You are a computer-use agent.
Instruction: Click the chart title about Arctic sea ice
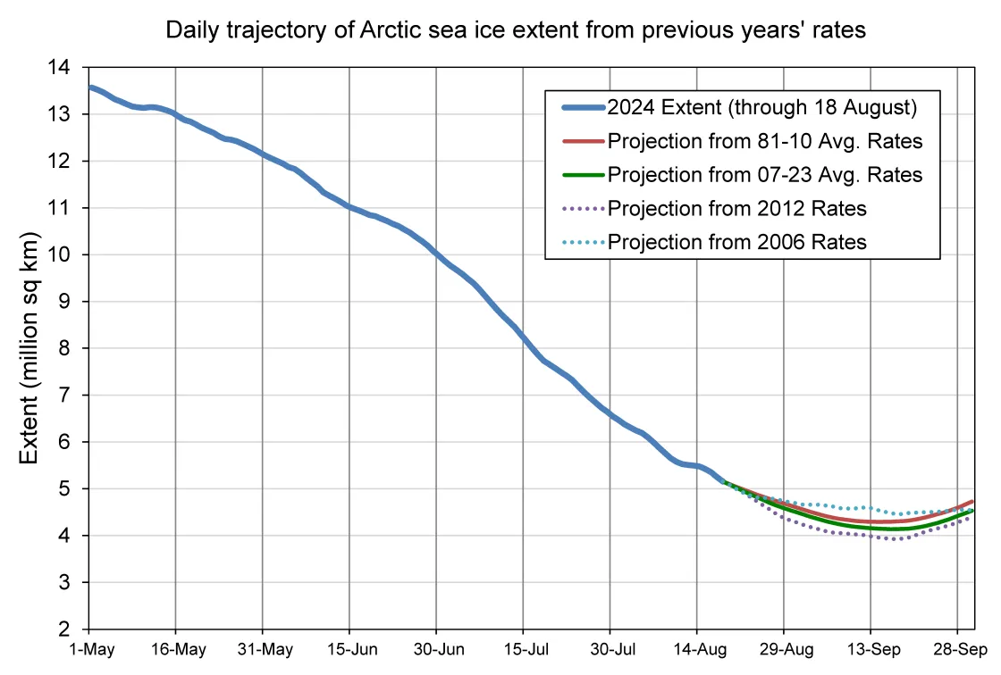(x=517, y=30)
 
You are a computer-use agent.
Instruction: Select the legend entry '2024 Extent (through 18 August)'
(x=761, y=108)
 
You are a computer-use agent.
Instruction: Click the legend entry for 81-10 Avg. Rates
(x=764, y=141)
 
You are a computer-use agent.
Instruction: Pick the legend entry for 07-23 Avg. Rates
(x=764, y=175)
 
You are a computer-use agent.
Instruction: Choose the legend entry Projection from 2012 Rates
(x=736, y=208)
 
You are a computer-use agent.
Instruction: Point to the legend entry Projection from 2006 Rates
(x=736, y=241)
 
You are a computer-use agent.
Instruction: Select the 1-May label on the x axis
(x=89, y=650)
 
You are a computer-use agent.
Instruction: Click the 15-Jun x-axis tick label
(x=349, y=650)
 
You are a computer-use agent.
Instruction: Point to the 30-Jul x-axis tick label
(x=610, y=650)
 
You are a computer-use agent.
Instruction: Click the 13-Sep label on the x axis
(x=871, y=650)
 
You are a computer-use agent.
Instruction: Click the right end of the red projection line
(x=972, y=502)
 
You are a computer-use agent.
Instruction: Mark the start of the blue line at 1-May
(x=90, y=87)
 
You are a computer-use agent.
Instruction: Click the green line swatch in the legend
(x=582, y=175)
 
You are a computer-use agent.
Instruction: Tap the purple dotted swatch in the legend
(x=582, y=208)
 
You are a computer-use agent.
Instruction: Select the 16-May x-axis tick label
(x=176, y=650)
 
